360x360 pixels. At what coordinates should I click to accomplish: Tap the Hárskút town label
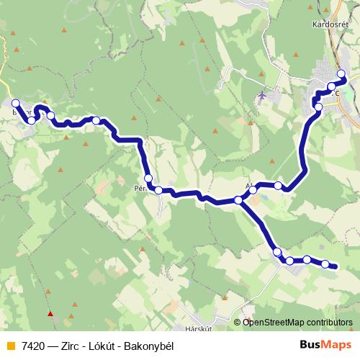(197, 328)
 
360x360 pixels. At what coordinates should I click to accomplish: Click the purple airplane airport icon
(261, 94)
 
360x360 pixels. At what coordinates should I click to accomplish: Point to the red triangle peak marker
(50, 313)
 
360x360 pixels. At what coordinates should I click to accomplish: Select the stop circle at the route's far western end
(16, 103)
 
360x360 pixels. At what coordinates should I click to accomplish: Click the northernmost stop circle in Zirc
(341, 73)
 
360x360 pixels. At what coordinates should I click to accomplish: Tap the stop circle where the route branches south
(238, 199)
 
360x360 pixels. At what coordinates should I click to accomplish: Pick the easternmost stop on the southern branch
(325, 264)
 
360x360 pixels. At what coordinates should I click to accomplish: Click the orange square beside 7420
(9, 346)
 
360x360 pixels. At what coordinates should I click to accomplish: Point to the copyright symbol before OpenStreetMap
(238, 322)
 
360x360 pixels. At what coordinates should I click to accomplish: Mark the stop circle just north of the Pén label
(148, 179)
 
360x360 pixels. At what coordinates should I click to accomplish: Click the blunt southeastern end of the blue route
(335, 267)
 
